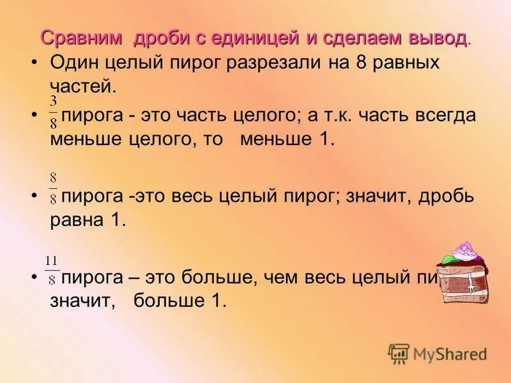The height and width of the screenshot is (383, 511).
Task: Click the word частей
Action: [83, 86]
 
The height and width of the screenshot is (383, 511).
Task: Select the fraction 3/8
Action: [54, 112]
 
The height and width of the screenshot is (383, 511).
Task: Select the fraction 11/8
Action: [52, 270]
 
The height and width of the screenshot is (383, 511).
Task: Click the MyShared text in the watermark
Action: [450, 354]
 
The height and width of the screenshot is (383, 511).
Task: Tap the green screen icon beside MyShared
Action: [399, 353]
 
